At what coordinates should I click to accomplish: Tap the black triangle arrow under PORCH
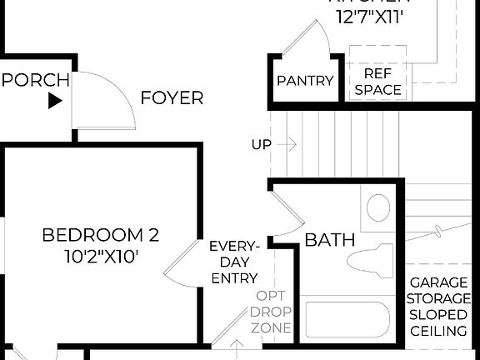(x=55, y=102)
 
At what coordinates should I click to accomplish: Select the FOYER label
(x=171, y=98)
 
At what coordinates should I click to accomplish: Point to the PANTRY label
(x=305, y=82)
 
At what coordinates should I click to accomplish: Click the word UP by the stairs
(x=261, y=145)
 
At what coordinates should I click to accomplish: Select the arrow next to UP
(x=287, y=145)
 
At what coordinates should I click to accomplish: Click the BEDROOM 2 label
(x=100, y=236)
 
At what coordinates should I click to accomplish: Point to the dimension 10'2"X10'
(x=100, y=257)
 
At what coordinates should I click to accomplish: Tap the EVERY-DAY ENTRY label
(x=234, y=262)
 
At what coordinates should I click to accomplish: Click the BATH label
(x=329, y=240)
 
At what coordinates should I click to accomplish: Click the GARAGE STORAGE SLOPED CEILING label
(x=439, y=307)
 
